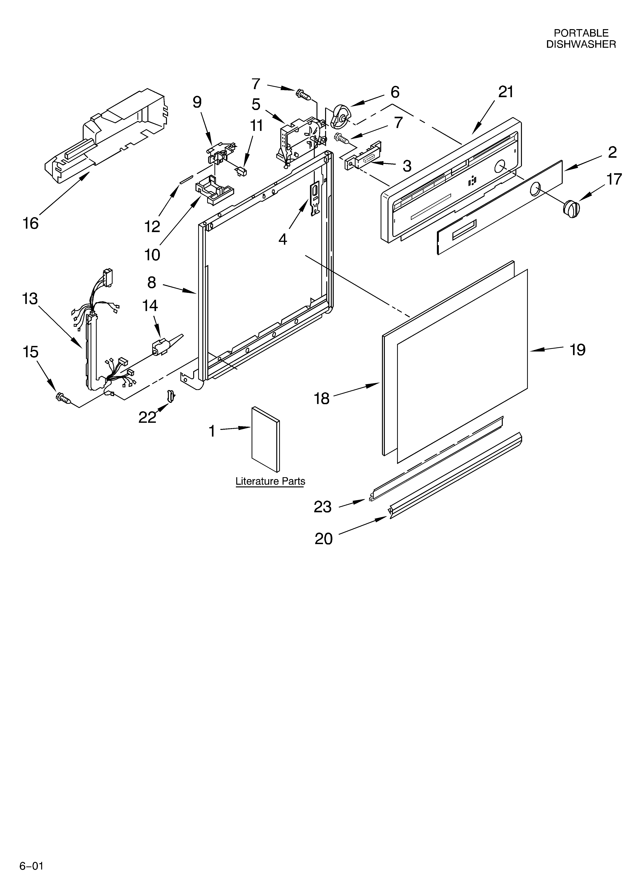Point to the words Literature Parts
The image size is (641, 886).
pyautogui.click(x=270, y=481)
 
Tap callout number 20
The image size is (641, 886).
pyautogui.click(x=323, y=539)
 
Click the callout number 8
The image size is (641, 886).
pyautogui.click(x=151, y=282)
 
